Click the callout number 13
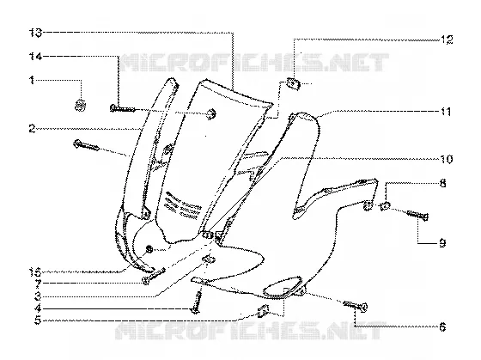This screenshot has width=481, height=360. click(35, 33)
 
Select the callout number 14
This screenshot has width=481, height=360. click(35, 56)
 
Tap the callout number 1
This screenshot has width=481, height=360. click(32, 81)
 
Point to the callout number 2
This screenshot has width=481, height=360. click(33, 129)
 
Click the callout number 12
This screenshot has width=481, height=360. click(447, 40)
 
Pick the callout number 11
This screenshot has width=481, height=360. click(446, 112)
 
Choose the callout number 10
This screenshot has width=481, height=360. click(447, 159)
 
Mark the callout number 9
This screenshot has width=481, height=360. click(442, 243)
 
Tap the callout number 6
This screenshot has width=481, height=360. click(442, 327)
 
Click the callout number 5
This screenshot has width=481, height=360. click(38, 320)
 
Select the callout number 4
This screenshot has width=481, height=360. click(38, 308)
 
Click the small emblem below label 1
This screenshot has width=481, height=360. click(81, 106)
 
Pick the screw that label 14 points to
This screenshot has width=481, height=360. click(122, 108)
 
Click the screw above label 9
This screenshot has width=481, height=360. click(417, 215)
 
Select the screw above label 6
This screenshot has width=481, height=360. click(356, 306)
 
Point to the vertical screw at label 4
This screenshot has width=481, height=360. click(197, 302)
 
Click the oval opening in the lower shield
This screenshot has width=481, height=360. click(283, 287)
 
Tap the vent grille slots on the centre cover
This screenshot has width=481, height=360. click(182, 205)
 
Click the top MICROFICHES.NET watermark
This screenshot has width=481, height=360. click(254, 63)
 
